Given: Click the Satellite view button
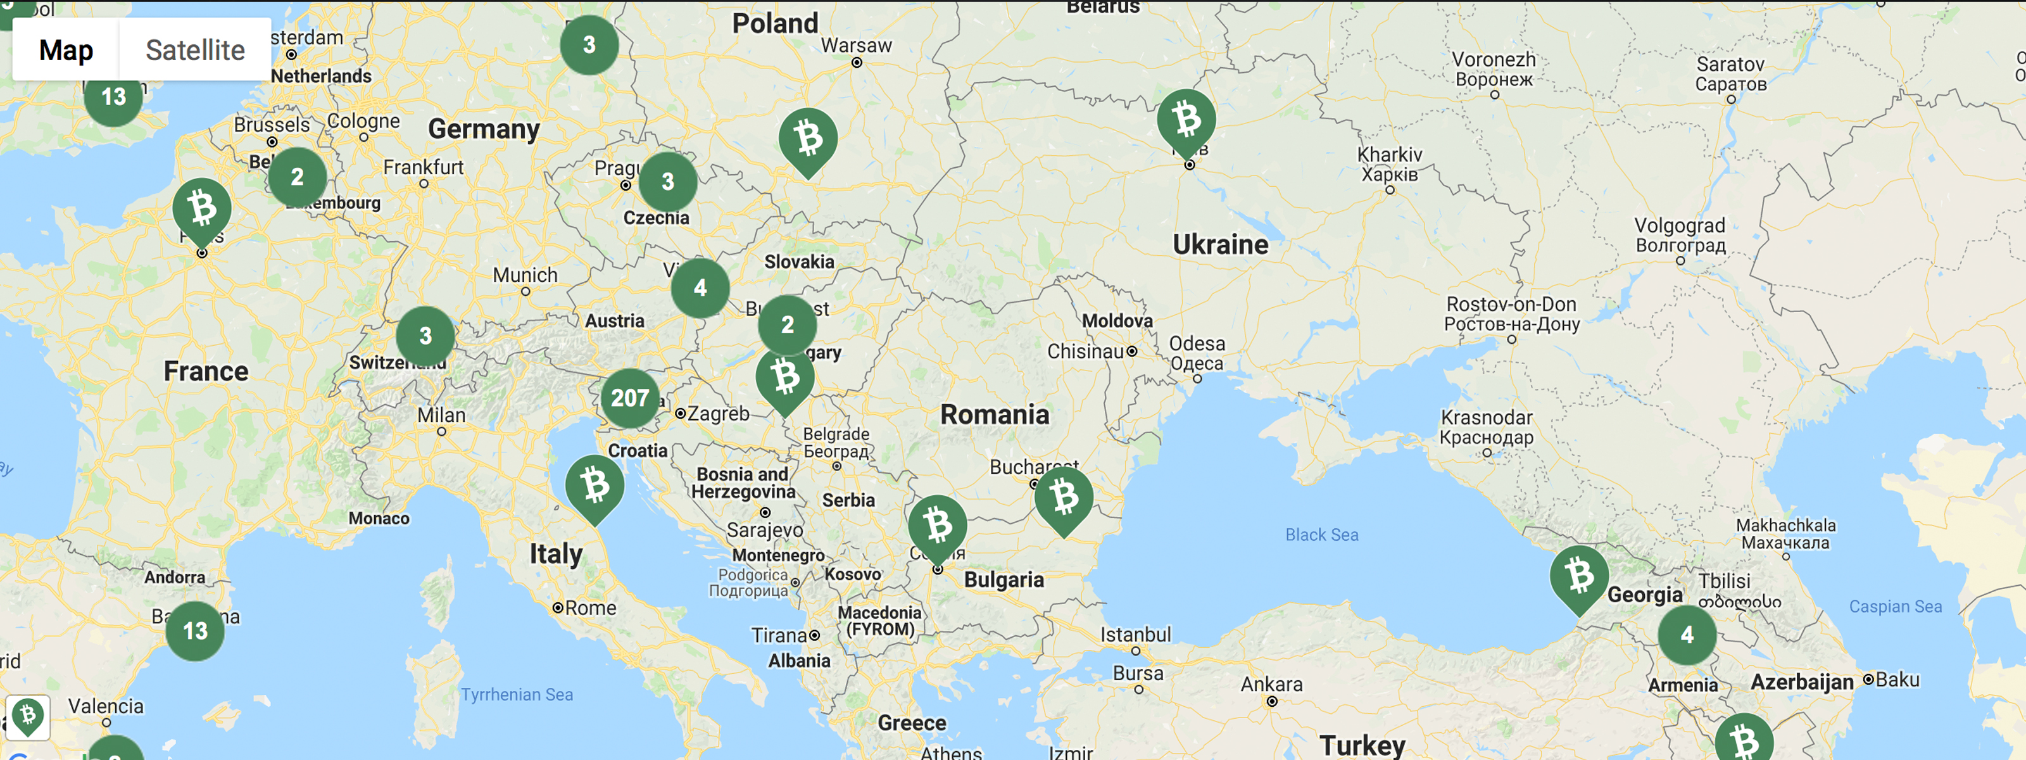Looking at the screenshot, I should pos(195,49).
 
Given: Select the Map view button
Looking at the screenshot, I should pos(66,49).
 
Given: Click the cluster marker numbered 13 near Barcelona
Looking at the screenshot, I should pos(195,631).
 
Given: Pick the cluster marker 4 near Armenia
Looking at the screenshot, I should pos(1687,635).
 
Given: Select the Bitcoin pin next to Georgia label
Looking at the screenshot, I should pos(1578,575).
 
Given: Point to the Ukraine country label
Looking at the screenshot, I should pos(1220,244).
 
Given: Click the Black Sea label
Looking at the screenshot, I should pos(1321,535).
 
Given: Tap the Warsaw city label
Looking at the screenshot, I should pos(857,46).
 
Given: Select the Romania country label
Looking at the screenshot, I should pos(994,415).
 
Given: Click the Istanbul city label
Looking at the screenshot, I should pos(1135,634).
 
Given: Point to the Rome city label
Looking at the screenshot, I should pos(590,608).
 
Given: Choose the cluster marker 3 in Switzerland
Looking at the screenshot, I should pos(425,336).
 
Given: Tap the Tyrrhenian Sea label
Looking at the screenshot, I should pos(517,695).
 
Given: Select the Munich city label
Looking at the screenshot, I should pos(525,275).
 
